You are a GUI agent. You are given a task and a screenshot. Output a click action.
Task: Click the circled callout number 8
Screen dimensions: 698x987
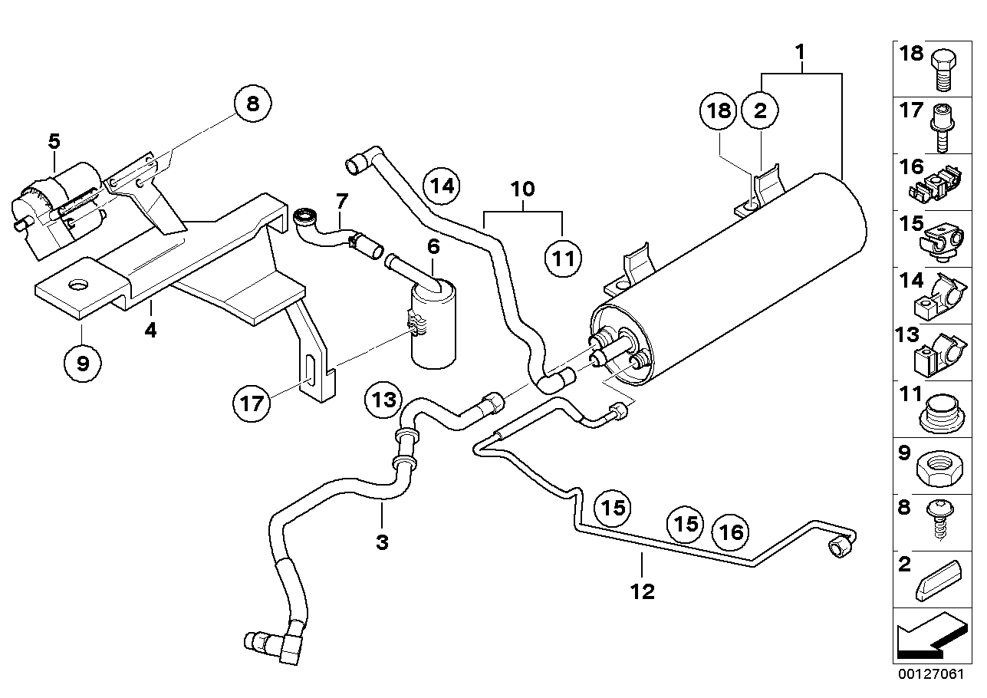pos(253,104)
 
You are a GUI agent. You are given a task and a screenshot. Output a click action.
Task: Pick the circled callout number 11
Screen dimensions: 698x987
pos(564,258)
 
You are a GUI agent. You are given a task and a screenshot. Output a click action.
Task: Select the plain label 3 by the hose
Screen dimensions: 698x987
pos(382,543)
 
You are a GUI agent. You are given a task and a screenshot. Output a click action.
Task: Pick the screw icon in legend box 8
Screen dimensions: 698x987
pos(940,518)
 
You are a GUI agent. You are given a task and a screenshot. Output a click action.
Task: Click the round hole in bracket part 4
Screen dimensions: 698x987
pos(79,285)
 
